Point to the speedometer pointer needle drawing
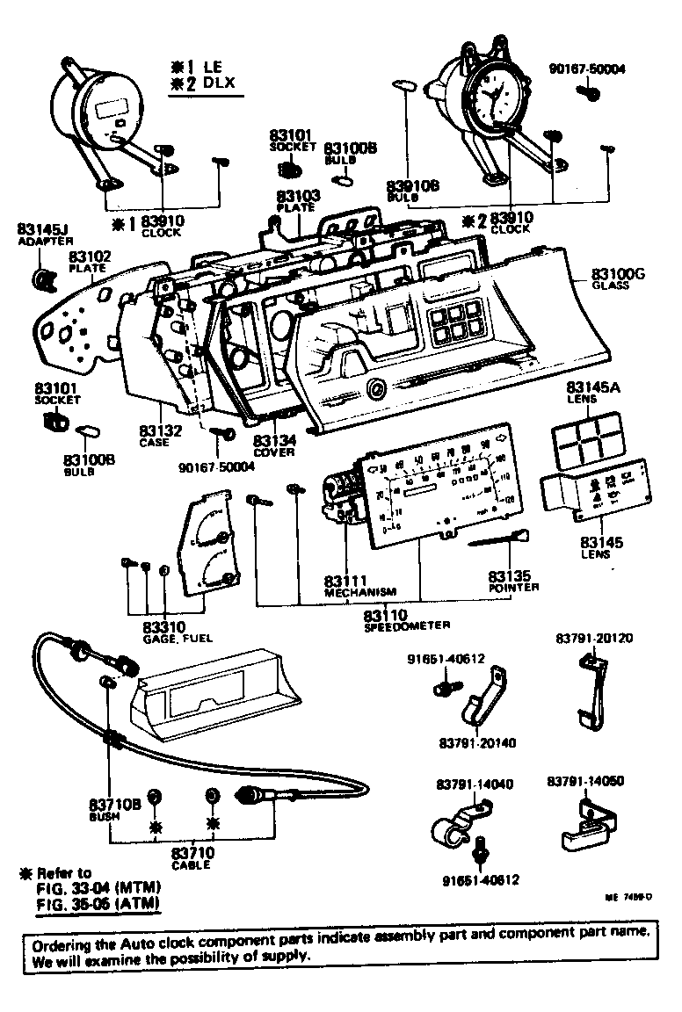(501, 539)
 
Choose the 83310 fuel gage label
(164, 627)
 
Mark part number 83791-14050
(583, 780)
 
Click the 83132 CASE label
(160, 431)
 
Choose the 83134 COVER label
(274, 440)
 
